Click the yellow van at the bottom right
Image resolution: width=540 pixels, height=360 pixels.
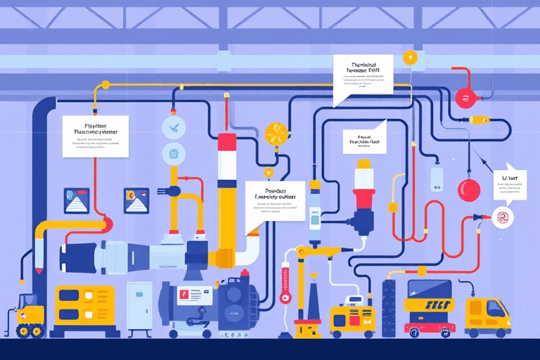(488, 314)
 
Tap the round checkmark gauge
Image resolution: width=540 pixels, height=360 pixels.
(173, 127)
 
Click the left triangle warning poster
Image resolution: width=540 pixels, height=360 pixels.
(75, 200)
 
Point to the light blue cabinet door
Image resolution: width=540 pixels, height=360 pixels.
(139, 307)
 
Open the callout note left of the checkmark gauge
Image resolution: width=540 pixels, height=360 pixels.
(95, 135)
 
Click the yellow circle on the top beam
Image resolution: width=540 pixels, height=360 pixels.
(411, 57)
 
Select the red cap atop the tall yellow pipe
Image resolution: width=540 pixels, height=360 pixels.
(226, 142)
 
